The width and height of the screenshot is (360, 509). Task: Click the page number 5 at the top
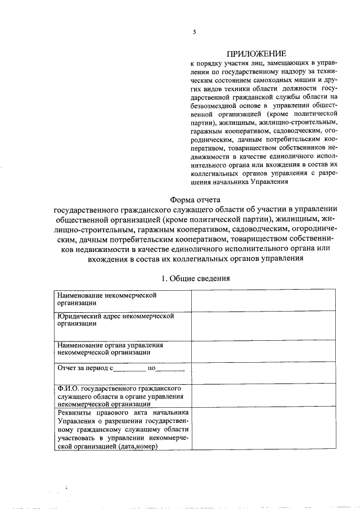pos(194,32)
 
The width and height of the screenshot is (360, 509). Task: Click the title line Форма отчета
pos(195,199)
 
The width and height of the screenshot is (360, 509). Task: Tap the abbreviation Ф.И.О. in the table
pos(68,388)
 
